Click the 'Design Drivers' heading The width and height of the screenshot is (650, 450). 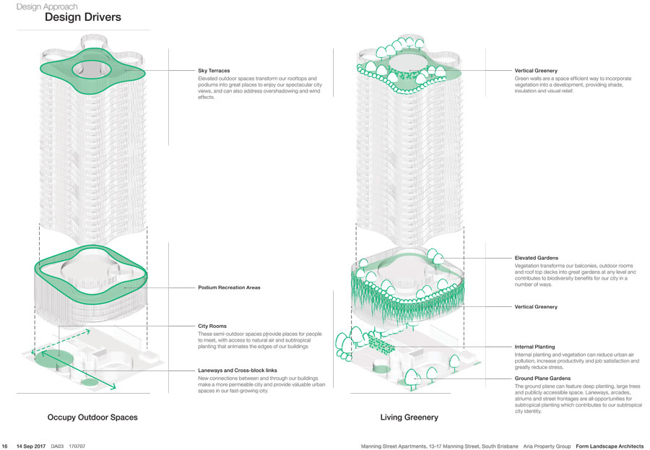(x=83, y=17)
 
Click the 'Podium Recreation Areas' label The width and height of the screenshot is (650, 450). (x=229, y=287)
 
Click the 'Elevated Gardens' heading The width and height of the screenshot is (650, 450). (x=536, y=258)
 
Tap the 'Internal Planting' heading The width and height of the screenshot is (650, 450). (x=534, y=347)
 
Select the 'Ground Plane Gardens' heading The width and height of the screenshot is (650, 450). (x=542, y=378)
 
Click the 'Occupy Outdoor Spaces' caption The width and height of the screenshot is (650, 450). (x=92, y=417)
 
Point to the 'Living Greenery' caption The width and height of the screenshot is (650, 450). (x=409, y=417)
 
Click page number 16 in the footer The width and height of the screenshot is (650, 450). (x=5, y=446)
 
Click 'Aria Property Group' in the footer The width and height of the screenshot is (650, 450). (x=548, y=446)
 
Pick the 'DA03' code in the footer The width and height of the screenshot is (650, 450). (x=57, y=446)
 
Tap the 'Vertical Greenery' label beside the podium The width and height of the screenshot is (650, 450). (x=536, y=307)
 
